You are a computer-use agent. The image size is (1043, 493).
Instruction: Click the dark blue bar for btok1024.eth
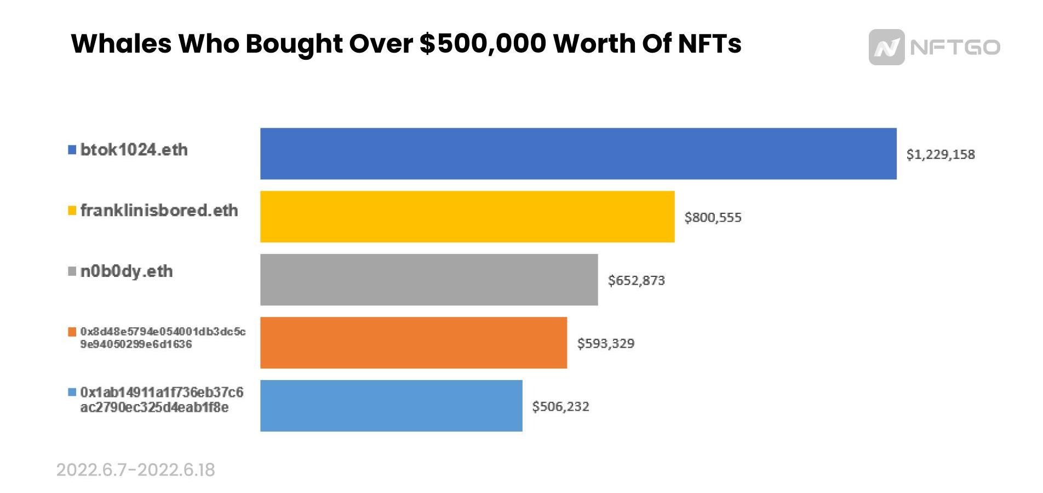pyautogui.click(x=578, y=154)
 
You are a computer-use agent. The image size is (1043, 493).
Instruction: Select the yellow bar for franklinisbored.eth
pyautogui.click(x=467, y=217)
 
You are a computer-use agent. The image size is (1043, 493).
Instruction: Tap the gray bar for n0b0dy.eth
pyautogui.click(x=428, y=280)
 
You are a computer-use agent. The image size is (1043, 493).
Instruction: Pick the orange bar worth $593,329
pyautogui.click(x=413, y=343)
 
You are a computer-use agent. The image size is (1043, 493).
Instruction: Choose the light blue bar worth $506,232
pyautogui.click(x=391, y=406)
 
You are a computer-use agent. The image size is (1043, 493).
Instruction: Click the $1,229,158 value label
pyautogui.click(x=940, y=155)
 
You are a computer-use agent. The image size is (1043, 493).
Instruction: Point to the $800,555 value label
pyautogui.click(x=713, y=218)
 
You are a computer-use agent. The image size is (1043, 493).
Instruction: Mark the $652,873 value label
pyautogui.click(x=636, y=281)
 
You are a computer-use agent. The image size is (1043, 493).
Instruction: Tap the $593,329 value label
pyautogui.click(x=605, y=344)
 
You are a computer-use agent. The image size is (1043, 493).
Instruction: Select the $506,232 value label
pyautogui.click(x=560, y=407)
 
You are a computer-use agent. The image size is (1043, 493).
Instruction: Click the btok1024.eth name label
pyautogui.click(x=134, y=150)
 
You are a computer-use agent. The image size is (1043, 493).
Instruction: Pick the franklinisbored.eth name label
pyautogui.click(x=159, y=211)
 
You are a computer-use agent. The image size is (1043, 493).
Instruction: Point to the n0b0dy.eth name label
pyautogui.click(x=127, y=271)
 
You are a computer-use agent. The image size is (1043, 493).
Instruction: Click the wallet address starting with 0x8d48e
pyautogui.click(x=163, y=338)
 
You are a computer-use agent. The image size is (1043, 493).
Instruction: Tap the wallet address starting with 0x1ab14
pyautogui.click(x=162, y=400)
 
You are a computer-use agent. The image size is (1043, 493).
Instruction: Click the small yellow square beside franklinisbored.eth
pyautogui.click(x=72, y=211)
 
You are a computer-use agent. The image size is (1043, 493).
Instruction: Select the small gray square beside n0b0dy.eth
pyautogui.click(x=72, y=272)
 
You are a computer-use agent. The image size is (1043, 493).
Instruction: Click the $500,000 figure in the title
pyautogui.click(x=483, y=44)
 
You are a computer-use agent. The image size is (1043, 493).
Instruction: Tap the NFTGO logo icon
pyautogui.click(x=886, y=47)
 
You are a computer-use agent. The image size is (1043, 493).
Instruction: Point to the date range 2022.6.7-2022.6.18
pyautogui.click(x=136, y=470)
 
